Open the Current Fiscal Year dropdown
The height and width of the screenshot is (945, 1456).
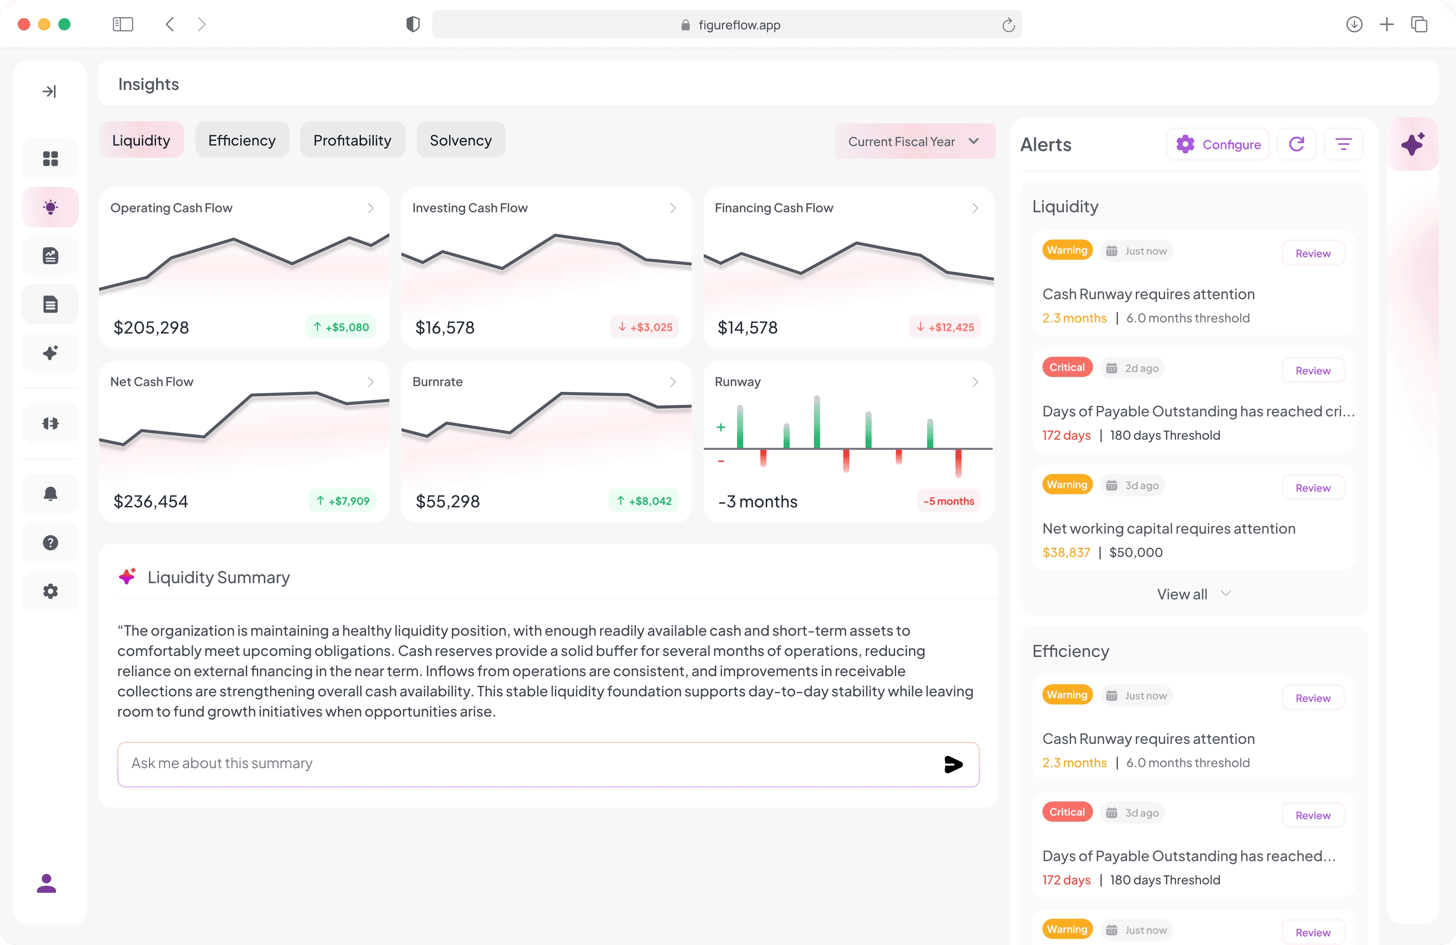click(914, 141)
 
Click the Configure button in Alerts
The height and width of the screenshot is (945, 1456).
click(1218, 144)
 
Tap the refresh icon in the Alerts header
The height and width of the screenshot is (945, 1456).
click(1296, 144)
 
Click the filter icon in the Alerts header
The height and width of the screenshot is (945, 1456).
click(1343, 144)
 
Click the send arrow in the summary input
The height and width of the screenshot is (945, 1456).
click(953, 764)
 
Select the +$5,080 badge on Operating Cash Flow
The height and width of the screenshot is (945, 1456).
click(341, 327)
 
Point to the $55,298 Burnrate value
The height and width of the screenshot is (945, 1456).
click(448, 502)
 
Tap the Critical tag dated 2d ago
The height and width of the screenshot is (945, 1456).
click(1067, 368)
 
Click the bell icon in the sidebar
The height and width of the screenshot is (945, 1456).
click(50, 494)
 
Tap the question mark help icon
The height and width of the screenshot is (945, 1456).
click(50, 542)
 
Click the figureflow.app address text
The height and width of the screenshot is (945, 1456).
click(739, 25)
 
